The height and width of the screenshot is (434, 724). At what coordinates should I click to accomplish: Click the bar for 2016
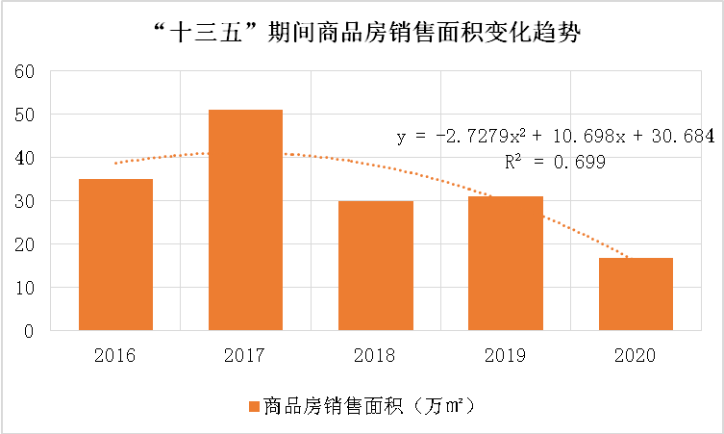point(115,255)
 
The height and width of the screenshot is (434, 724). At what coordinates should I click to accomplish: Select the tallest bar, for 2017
point(245,220)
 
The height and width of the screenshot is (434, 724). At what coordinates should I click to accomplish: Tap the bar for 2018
point(375,266)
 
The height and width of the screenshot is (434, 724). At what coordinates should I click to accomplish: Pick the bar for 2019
point(506,264)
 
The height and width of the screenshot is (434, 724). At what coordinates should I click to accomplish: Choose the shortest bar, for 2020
point(636,294)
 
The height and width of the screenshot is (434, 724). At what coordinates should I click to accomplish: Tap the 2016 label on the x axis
point(115,355)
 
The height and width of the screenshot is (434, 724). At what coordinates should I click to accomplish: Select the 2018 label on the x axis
point(375,355)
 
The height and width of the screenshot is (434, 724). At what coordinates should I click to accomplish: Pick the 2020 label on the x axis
point(636,355)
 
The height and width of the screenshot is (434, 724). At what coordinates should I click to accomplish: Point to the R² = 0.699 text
point(555,163)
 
